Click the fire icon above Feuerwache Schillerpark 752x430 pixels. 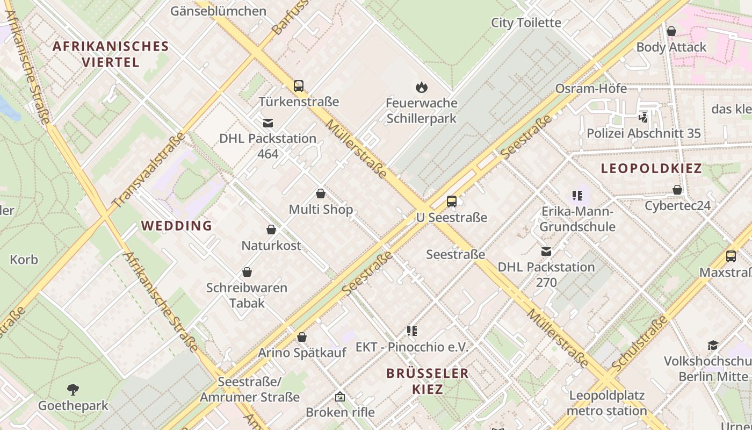[x=422, y=87]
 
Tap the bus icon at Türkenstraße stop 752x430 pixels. [x=299, y=85]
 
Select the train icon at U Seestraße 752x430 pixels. [x=452, y=202]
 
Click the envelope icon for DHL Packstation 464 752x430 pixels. [x=267, y=123]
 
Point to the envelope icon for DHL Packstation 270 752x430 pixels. [x=546, y=251]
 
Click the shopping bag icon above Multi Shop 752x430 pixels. [x=321, y=193]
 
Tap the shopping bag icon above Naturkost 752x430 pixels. [x=271, y=230]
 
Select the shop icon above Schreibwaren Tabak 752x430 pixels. [x=247, y=272]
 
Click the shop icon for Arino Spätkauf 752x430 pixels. [x=302, y=337]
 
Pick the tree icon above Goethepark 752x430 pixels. [x=73, y=390]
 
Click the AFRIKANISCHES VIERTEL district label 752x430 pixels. [x=111, y=54]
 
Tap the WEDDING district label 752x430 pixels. [x=177, y=226]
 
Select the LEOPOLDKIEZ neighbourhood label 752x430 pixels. [x=651, y=168]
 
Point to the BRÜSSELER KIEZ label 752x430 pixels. [x=428, y=381]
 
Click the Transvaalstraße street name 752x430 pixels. [x=149, y=170]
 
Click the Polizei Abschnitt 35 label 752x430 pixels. [x=643, y=133]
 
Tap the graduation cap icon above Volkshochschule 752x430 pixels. [x=713, y=345]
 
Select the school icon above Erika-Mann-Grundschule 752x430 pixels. [x=577, y=196]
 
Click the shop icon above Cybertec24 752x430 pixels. [x=677, y=190]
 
